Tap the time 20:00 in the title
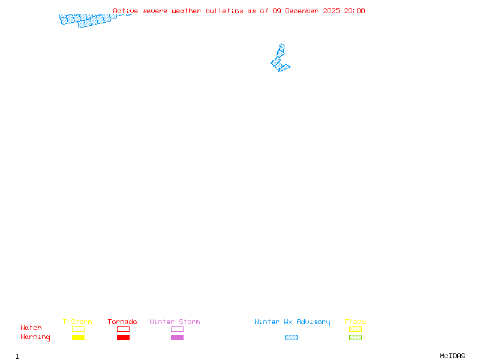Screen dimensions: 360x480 coord(355,11)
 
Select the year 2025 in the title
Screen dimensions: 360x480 coord(331,11)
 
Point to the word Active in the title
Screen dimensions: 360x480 coord(126,11)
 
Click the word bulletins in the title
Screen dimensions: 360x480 coord(225,11)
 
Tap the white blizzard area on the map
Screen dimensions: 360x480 coord(281,40)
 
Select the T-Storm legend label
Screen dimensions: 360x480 coord(77,322)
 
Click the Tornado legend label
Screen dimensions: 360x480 coord(122,322)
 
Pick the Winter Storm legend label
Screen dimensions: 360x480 coord(175,322)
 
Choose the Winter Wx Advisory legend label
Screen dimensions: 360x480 coord(292,322)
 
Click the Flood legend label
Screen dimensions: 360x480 coord(355,322)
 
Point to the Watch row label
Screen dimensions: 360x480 coord(31,328)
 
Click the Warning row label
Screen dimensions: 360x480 coord(35,337)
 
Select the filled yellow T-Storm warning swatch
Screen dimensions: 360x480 coord(78,338)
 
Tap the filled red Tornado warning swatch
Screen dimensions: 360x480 coord(123,338)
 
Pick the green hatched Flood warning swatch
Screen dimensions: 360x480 coord(355,338)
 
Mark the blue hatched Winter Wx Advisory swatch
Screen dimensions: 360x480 coord(291,338)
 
